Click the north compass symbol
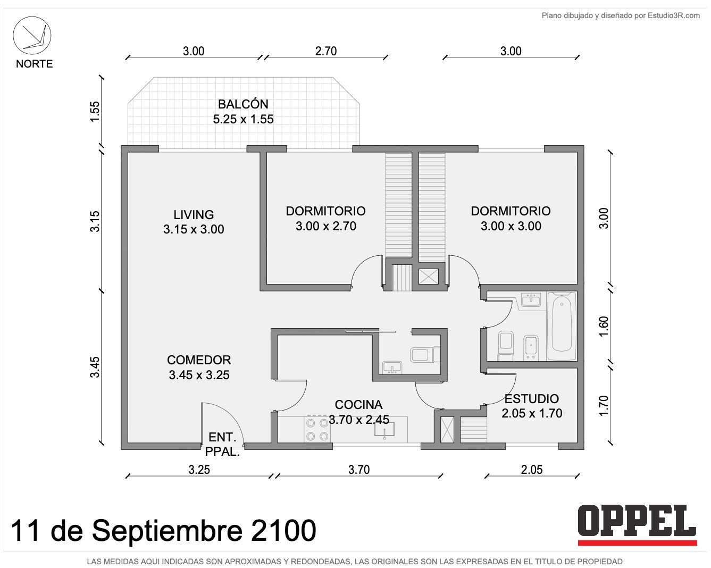32,35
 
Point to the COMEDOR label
199,360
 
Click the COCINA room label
358,405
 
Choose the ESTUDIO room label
532,399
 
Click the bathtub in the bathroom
562,326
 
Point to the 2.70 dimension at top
326,51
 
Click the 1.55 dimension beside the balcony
95,112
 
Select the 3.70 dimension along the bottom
359,470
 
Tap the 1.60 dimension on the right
603,326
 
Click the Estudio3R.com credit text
673,15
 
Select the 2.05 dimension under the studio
532,470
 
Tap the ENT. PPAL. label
222,445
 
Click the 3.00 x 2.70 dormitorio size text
326,226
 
